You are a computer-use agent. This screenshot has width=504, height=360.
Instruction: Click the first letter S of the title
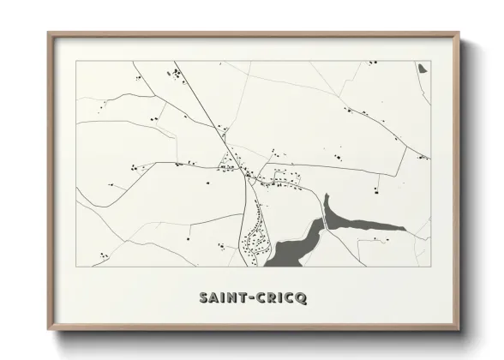click(x=203, y=298)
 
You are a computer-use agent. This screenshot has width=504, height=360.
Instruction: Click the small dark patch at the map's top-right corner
click(x=423, y=67)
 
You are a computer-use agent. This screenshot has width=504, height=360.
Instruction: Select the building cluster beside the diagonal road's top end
click(x=177, y=78)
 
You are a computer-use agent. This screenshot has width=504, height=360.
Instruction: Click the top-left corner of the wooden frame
click(x=49, y=34)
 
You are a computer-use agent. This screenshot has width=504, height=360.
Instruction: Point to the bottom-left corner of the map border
click(x=76, y=267)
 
